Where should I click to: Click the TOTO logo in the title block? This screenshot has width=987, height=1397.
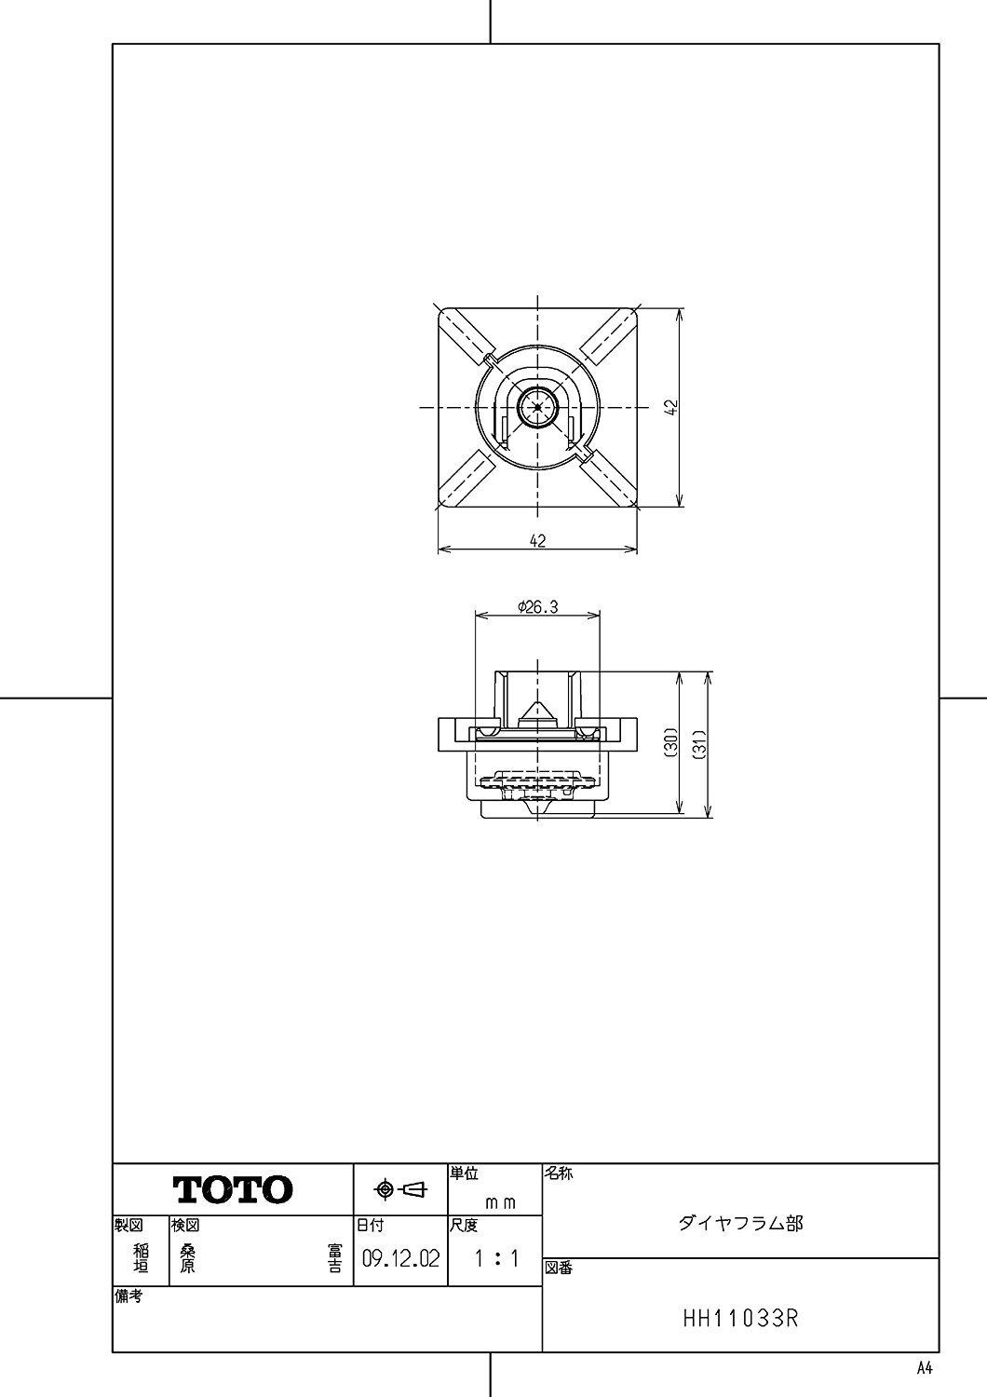(x=233, y=1189)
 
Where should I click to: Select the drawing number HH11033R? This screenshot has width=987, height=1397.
(x=741, y=1319)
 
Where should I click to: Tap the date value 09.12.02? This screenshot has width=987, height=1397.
(x=401, y=1258)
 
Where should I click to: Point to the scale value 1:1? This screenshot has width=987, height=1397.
(x=496, y=1258)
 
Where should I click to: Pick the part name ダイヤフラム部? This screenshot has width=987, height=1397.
(x=740, y=1223)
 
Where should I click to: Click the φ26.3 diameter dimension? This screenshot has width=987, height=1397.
(x=537, y=606)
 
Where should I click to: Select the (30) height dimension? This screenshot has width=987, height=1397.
(x=671, y=743)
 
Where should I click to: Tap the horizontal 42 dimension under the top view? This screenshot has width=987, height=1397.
(x=537, y=541)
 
